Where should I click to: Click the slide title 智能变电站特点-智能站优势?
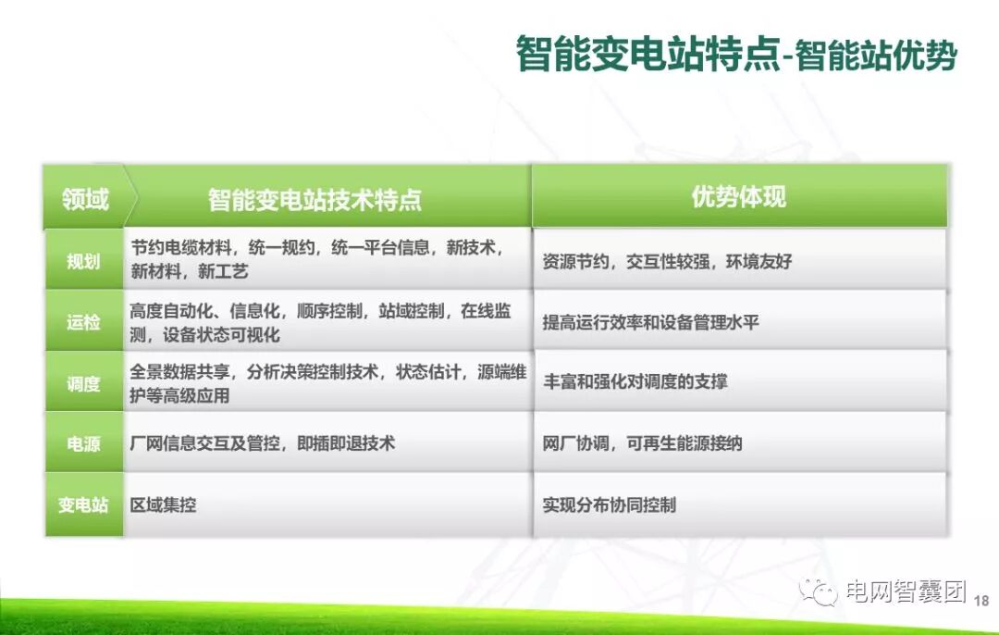pyautogui.click(x=736, y=55)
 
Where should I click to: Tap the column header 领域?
pyautogui.click(x=85, y=198)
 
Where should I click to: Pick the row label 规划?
pyautogui.click(x=83, y=261)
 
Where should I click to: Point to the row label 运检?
pyautogui.click(x=83, y=322)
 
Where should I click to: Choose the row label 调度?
pyautogui.click(x=83, y=383)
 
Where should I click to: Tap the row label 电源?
pyautogui.click(x=83, y=443)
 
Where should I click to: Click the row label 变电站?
pyautogui.click(x=83, y=504)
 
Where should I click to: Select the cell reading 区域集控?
pyautogui.click(x=163, y=504)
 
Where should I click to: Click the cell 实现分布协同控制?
pyautogui.click(x=609, y=504)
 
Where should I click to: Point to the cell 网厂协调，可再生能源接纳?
pyautogui.click(x=642, y=443)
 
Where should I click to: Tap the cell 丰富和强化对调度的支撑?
pyautogui.click(x=635, y=382)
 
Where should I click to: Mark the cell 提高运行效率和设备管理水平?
pyautogui.click(x=650, y=322)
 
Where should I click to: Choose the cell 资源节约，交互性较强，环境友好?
pyautogui.click(x=667, y=261)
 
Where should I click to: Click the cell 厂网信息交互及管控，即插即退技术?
pyautogui.click(x=263, y=443)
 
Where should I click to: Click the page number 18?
pyautogui.click(x=982, y=601)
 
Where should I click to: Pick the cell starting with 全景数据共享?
pyautogui.click(x=328, y=383)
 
